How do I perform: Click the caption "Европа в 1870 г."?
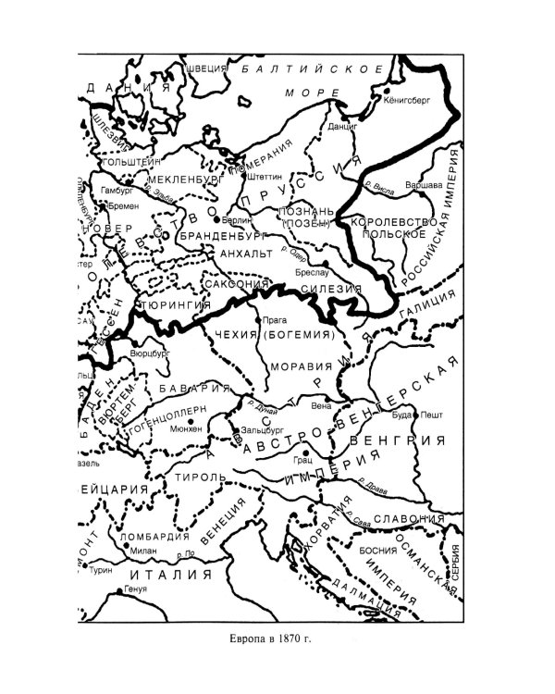tap(277, 639)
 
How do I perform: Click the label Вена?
tap(322, 405)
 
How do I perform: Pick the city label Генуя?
tap(136, 589)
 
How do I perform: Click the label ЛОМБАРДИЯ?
tap(149, 535)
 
